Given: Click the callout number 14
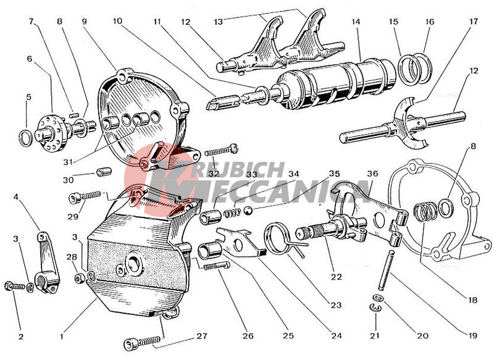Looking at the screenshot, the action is (x=356, y=22).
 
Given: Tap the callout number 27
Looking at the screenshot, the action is (x=202, y=336).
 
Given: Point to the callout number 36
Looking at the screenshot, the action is (x=373, y=174).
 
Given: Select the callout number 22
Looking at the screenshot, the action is (x=336, y=277).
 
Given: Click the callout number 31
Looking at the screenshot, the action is (x=68, y=162).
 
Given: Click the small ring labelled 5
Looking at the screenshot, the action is (x=25, y=138).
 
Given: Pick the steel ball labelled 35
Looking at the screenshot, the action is (x=248, y=211).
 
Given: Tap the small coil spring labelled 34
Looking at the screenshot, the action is (x=233, y=213).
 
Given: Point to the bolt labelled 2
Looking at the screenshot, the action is (x=15, y=286).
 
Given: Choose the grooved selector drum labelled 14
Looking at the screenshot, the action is (x=334, y=85).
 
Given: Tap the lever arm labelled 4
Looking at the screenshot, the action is (x=47, y=262).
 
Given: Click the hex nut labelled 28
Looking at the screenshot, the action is (x=80, y=278).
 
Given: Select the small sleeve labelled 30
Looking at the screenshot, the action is (x=104, y=172).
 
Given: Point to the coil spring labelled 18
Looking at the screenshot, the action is (x=425, y=212).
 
